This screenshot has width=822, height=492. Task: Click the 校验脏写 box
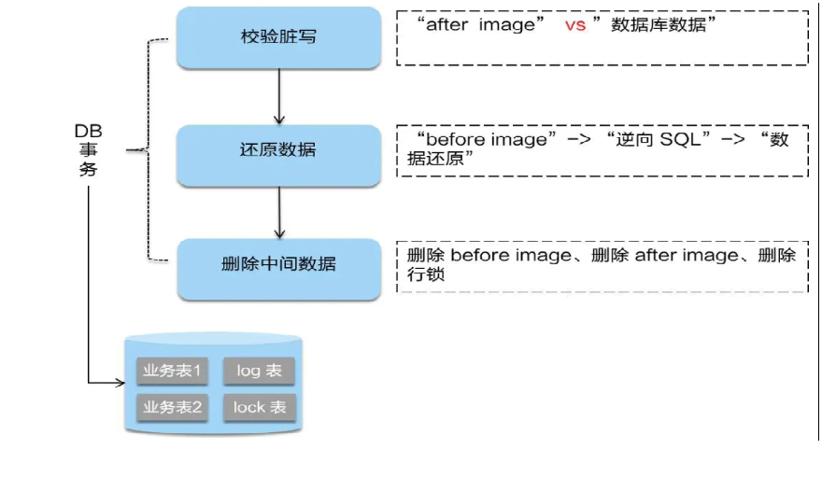pyautogui.click(x=278, y=38)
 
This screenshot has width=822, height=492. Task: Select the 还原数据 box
pyautogui.click(x=278, y=150)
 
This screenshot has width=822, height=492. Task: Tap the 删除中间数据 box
pyautogui.click(x=278, y=264)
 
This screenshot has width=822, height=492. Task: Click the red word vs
pyautogui.click(x=575, y=25)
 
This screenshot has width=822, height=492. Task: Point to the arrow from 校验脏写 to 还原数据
pyautogui.click(x=278, y=97)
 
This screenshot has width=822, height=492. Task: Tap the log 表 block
pyautogui.click(x=259, y=371)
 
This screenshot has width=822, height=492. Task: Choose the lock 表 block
pyautogui.click(x=259, y=407)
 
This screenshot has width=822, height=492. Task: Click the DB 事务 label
pyautogui.click(x=89, y=150)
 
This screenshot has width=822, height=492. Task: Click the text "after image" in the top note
pyautogui.click(x=482, y=25)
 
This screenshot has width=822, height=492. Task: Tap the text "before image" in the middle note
pyautogui.click(x=486, y=139)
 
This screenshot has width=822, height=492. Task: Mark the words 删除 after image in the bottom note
pyautogui.click(x=664, y=256)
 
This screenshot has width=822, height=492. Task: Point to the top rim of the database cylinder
pyautogui.click(x=214, y=338)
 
